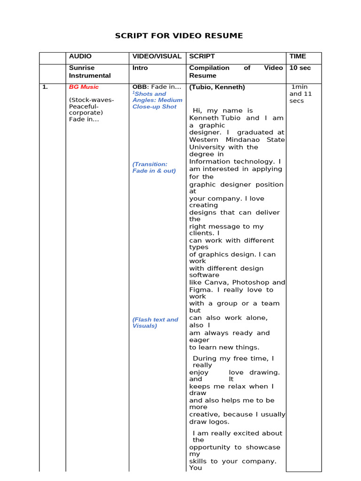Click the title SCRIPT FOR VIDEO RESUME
click(x=179, y=36)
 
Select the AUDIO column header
click(x=80, y=56)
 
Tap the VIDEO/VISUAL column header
click(x=157, y=56)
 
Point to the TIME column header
click(x=298, y=56)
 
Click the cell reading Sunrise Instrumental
click(x=90, y=71)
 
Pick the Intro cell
click(x=140, y=68)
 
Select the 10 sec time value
click(x=300, y=68)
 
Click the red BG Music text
click(x=84, y=87)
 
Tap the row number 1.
click(x=45, y=87)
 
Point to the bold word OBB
click(x=140, y=87)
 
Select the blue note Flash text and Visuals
click(x=155, y=323)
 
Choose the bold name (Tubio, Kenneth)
click(x=217, y=87)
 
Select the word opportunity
click(x=211, y=447)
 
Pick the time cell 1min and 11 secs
click(x=301, y=94)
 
